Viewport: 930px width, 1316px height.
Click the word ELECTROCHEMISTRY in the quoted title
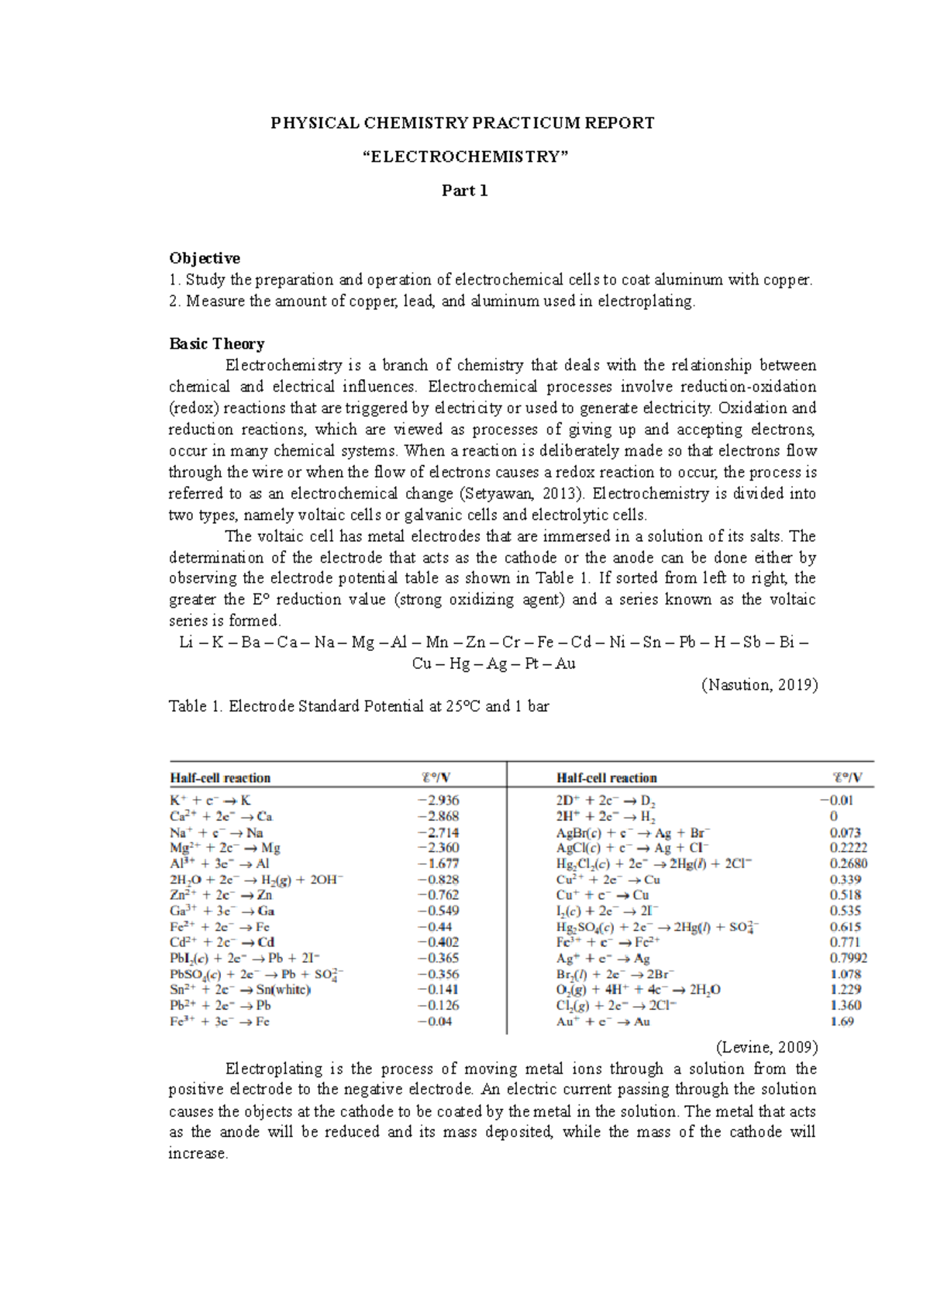(x=465, y=157)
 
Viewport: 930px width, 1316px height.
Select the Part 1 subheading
(x=464, y=191)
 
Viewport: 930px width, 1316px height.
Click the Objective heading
(x=205, y=258)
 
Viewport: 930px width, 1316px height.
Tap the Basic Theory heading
(x=217, y=343)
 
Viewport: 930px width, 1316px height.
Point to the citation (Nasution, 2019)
(x=759, y=684)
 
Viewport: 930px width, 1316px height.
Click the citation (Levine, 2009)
(x=766, y=1047)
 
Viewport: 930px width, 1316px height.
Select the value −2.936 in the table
(x=438, y=800)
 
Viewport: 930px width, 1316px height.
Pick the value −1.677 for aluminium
(x=438, y=863)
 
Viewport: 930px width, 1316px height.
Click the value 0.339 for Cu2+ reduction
(x=845, y=880)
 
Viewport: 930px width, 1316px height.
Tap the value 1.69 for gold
(x=842, y=1021)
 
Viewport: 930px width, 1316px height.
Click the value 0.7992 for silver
(x=848, y=959)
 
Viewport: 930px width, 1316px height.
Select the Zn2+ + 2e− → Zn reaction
(x=221, y=895)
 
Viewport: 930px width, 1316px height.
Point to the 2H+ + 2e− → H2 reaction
(x=606, y=816)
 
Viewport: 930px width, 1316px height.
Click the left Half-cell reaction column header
(x=220, y=777)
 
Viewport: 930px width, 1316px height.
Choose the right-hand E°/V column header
(x=846, y=777)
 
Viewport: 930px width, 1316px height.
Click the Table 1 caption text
(x=358, y=706)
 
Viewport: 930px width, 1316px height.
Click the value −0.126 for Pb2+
(x=438, y=1005)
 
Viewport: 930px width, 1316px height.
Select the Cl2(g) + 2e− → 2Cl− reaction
(x=617, y=1005)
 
